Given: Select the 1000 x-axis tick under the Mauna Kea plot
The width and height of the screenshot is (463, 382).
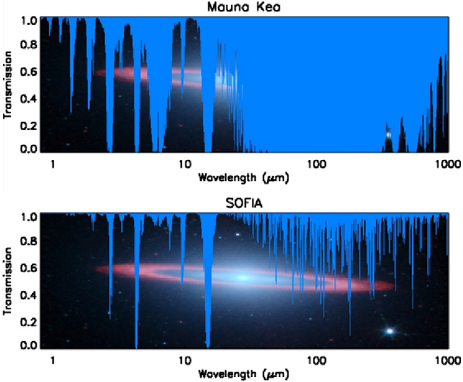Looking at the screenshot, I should click(x=444, y=163).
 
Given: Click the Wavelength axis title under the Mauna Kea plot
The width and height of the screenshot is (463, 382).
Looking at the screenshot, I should click(x=243, y=176).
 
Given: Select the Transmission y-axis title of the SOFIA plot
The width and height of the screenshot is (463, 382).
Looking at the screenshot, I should click(x=9, y=281).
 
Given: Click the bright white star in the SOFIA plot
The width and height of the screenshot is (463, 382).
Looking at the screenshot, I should click(x=389, y=330).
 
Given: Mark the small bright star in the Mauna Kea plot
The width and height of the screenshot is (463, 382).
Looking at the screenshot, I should click(x=387, y=132).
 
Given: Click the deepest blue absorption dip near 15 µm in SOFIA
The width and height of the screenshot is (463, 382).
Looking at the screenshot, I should click(x=208, y=332).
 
